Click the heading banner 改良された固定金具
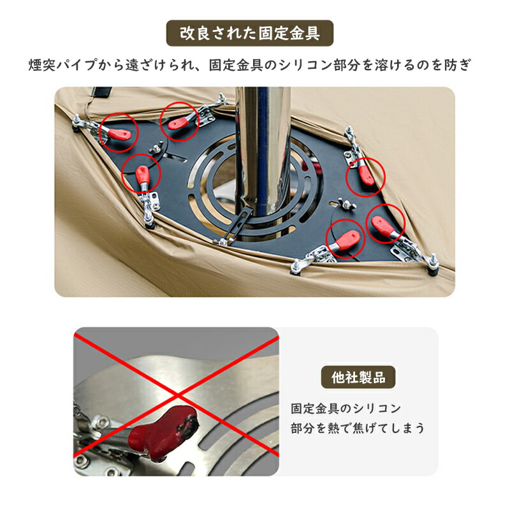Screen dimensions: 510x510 250,33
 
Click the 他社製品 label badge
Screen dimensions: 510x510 358,377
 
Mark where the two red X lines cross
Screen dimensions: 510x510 178,395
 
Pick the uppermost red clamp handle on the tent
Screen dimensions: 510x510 178,123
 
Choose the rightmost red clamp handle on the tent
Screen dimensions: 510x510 384,225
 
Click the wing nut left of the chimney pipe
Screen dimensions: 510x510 156,148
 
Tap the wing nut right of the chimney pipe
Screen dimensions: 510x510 347,204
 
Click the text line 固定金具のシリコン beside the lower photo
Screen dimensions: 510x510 346,408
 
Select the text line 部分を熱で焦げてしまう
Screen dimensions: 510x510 358,428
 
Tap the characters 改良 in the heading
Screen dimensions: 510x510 195,34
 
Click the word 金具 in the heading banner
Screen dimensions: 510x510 305,34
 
